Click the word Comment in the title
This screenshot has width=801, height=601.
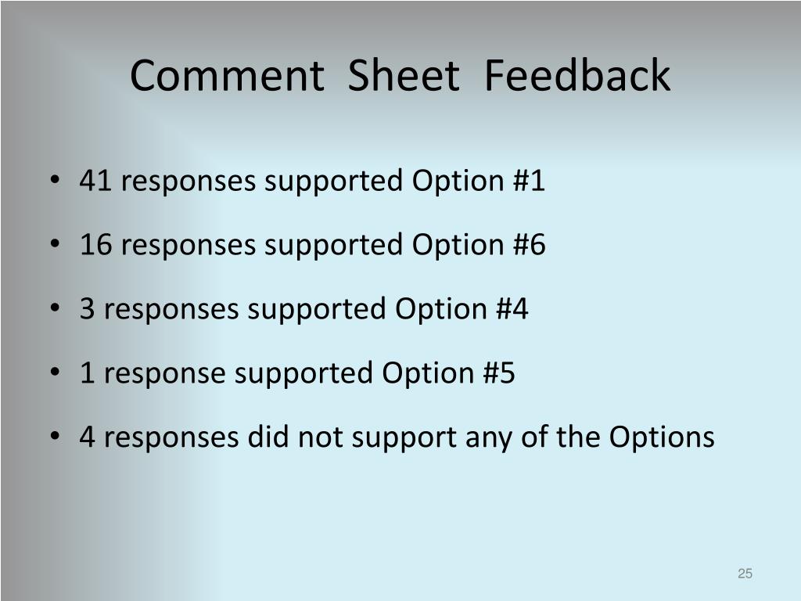(226, 77)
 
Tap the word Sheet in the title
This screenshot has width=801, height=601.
(403, 77)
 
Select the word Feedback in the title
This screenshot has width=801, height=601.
(577, 77)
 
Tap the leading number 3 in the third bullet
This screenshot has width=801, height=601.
(87, 310)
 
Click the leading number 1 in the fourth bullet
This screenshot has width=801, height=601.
(87, 374)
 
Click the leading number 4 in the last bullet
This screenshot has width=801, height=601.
(87, 437)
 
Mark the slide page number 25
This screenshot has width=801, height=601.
(745, 574)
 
